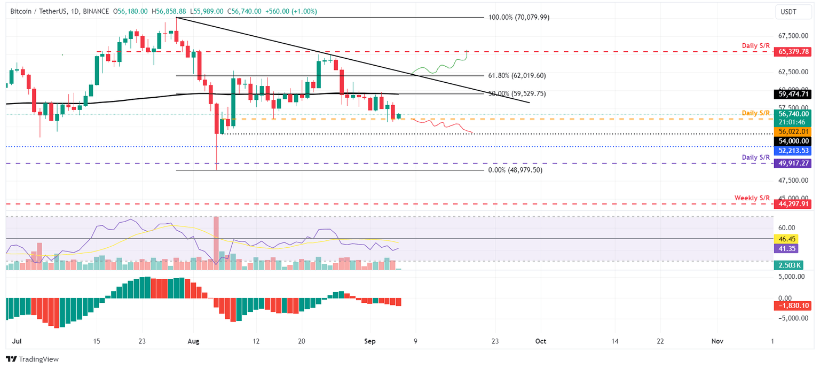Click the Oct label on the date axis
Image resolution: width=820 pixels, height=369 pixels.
(x=541, y=341)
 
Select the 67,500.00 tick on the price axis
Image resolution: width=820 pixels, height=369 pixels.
(x=795, y=36)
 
